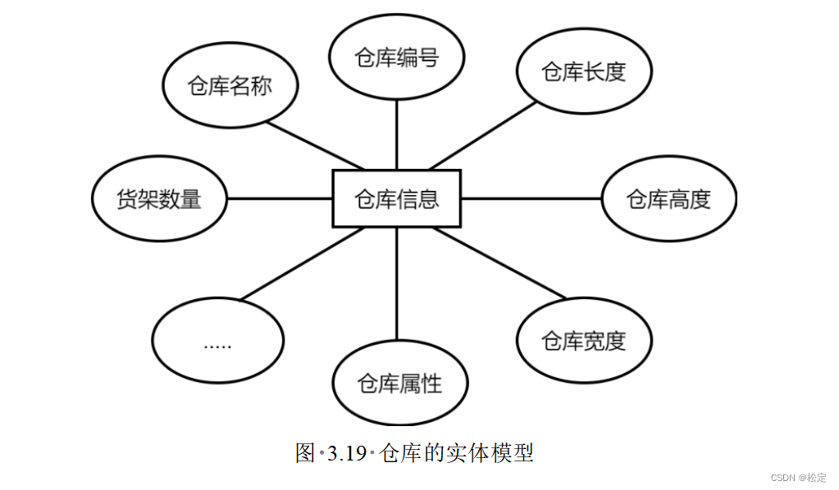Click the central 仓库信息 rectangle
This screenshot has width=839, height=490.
(396, 198)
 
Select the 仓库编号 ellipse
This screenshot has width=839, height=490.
(396, 57)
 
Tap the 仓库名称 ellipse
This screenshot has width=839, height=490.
(230, 86)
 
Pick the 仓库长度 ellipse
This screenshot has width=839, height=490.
(584, 72)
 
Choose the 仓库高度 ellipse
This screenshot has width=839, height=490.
(668, 199)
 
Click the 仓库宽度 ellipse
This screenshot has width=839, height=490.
(584, 340)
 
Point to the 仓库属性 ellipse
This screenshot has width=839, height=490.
(400, 383)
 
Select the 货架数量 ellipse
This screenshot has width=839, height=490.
(159, 199)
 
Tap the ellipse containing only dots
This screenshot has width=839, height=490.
(218, 340)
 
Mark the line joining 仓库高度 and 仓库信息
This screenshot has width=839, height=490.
(531, 198)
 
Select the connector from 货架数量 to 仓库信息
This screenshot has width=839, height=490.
(279, 198)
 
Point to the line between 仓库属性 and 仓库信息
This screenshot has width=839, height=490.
(396, 283)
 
